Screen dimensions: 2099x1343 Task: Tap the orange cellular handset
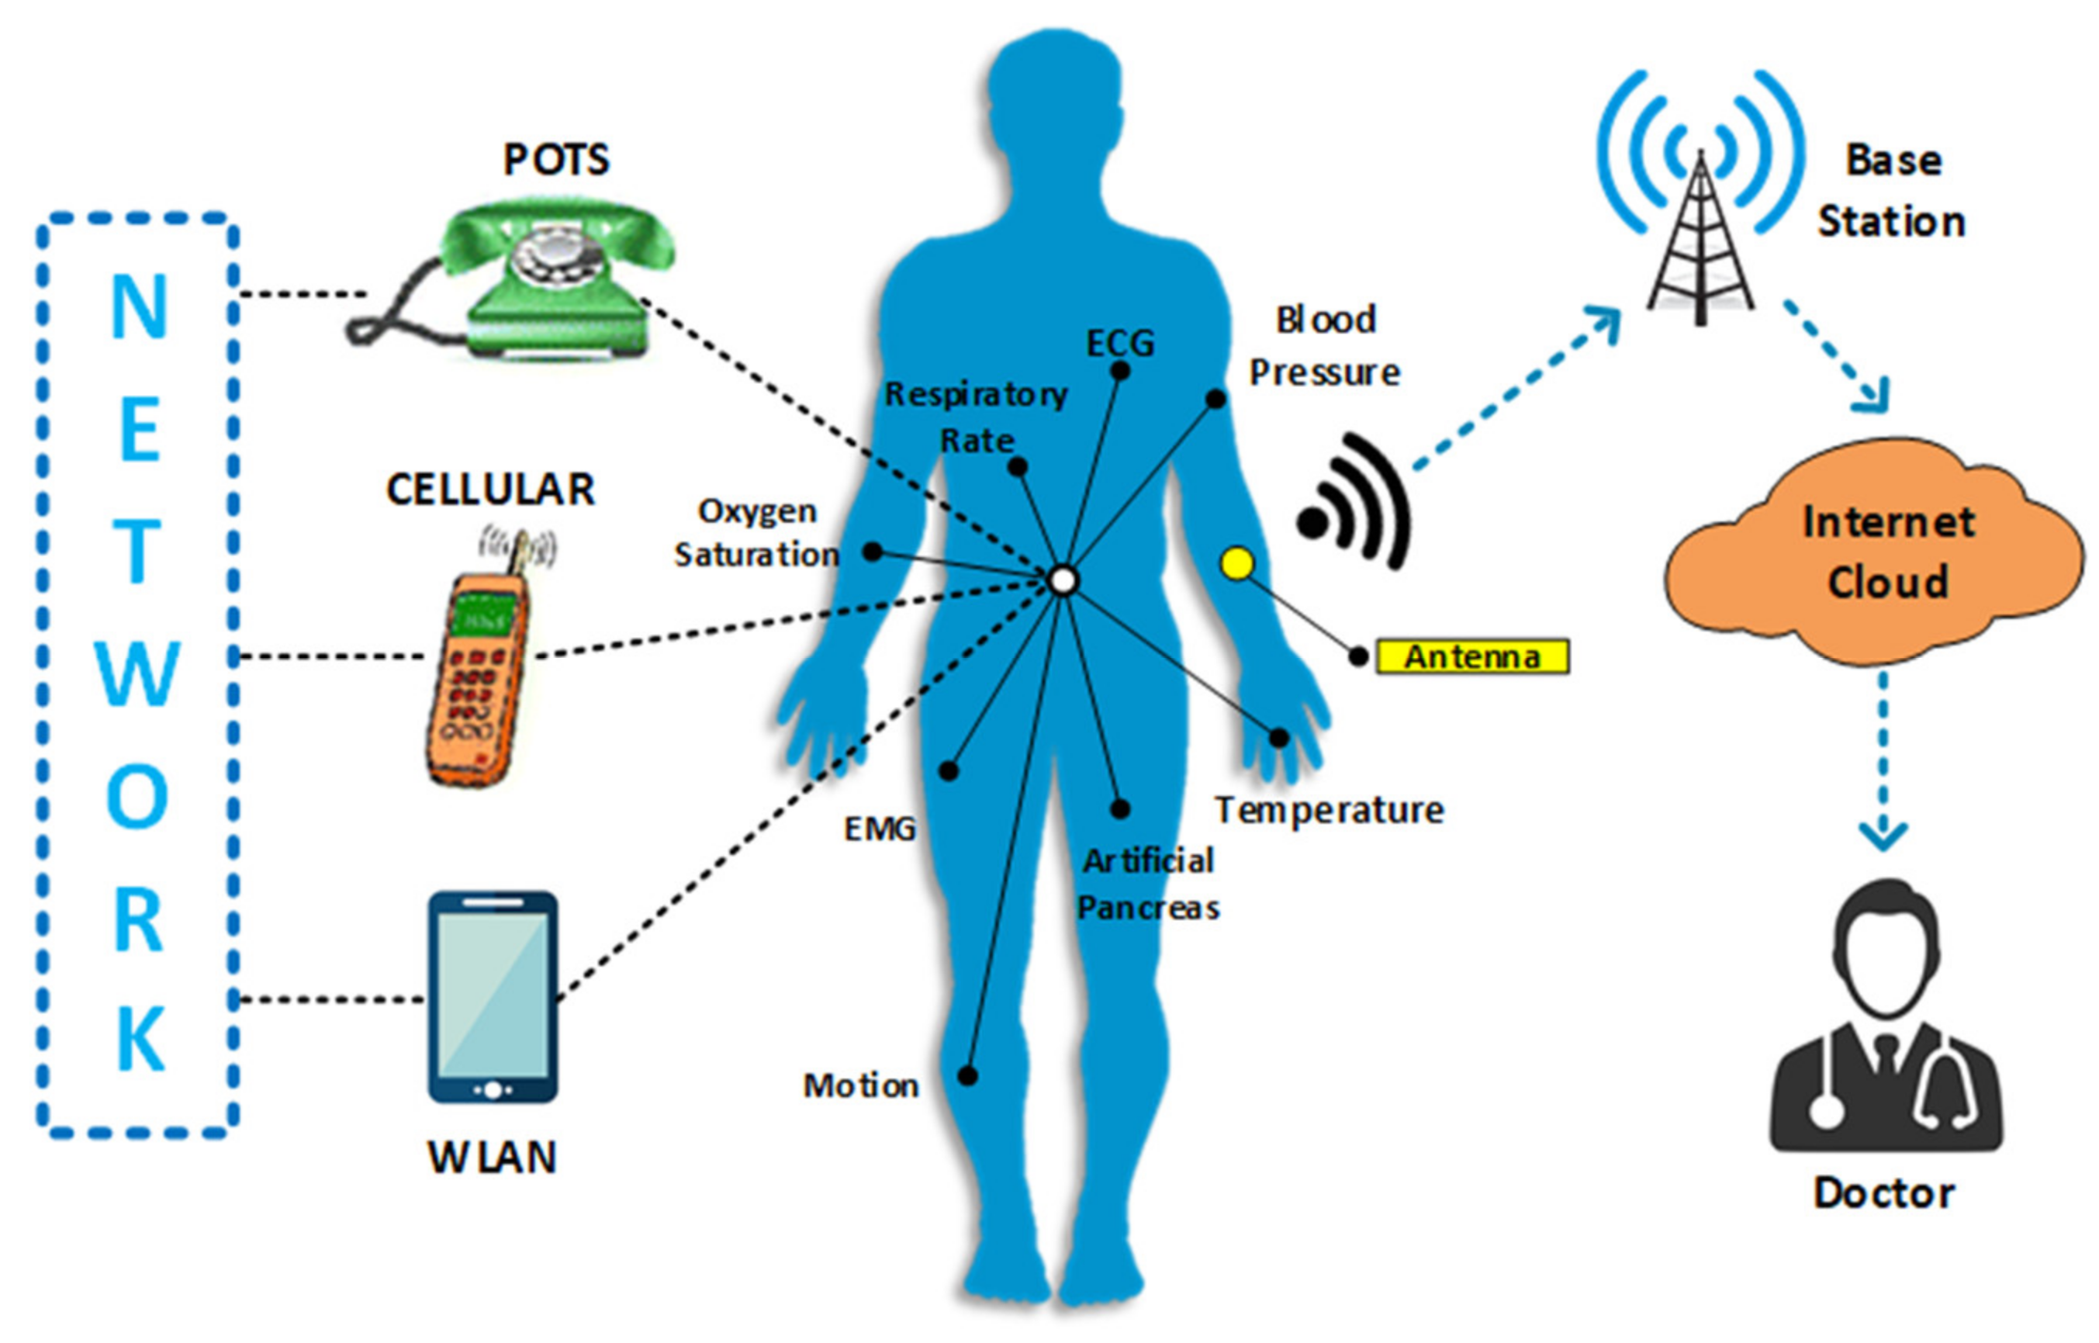click(478, 672)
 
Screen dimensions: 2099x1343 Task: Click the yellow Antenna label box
click(1472, 656)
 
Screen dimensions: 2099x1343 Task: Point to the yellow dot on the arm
click(1237, 563)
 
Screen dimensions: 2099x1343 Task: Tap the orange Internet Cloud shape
click(1874, 558)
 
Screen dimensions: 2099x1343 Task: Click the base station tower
click(1700, 244)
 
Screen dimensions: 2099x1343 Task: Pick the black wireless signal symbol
click(1355, 506)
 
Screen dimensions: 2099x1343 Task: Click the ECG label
click(1120, 343)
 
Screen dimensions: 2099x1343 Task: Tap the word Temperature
click(1330, 810)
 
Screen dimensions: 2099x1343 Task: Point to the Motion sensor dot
click(967, 1075)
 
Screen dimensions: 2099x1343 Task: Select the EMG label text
click(880, 828)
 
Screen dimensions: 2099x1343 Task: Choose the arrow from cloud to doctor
click(1883, 759)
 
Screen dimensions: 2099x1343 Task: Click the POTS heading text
click(556, 160)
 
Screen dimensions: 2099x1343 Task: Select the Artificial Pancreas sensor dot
click(1120, 809)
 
